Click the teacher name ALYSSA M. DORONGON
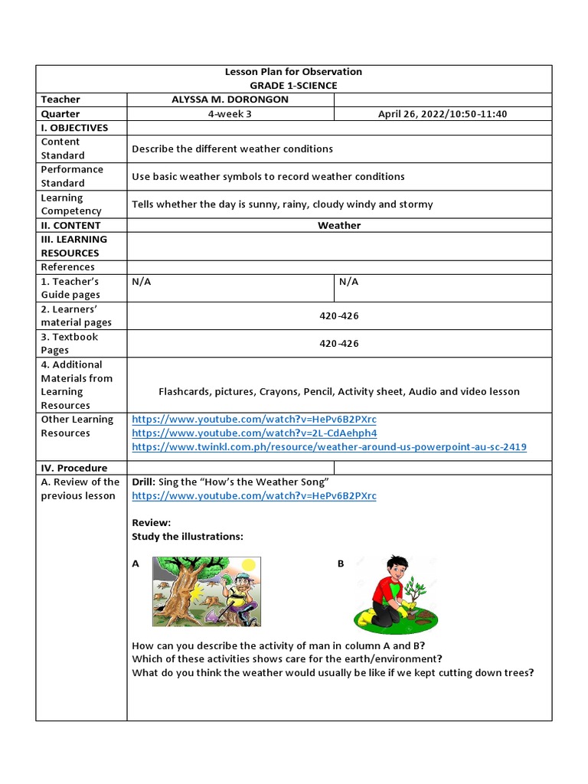(230, 100)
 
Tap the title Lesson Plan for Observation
(293, 72)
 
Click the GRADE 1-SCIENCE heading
(293, 86)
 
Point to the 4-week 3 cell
(230, 114)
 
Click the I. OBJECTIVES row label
(74, 128)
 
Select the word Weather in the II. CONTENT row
(339, 225)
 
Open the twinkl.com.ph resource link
(329, 447)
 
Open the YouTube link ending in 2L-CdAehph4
(254, 433)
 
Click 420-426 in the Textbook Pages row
(339, 344)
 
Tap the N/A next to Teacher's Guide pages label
(142, 282)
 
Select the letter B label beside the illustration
(341, 563)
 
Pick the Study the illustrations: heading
(188, 537)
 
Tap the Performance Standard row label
(71, 176)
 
